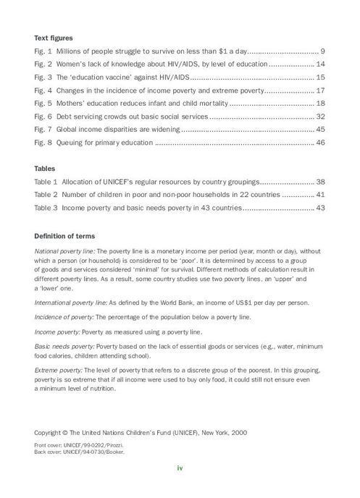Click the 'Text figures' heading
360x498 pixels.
click(53, 38)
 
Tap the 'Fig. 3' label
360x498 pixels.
click(43, 77)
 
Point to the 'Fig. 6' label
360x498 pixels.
click(43, 117)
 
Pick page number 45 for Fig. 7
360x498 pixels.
click(320, 130)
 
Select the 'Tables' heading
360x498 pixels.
click(46, 169)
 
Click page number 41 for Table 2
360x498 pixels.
click(320, 195)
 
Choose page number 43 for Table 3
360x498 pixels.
click(320, 208)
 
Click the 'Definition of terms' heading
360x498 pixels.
click(70, 235)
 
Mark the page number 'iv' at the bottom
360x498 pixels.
click(180, 468)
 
